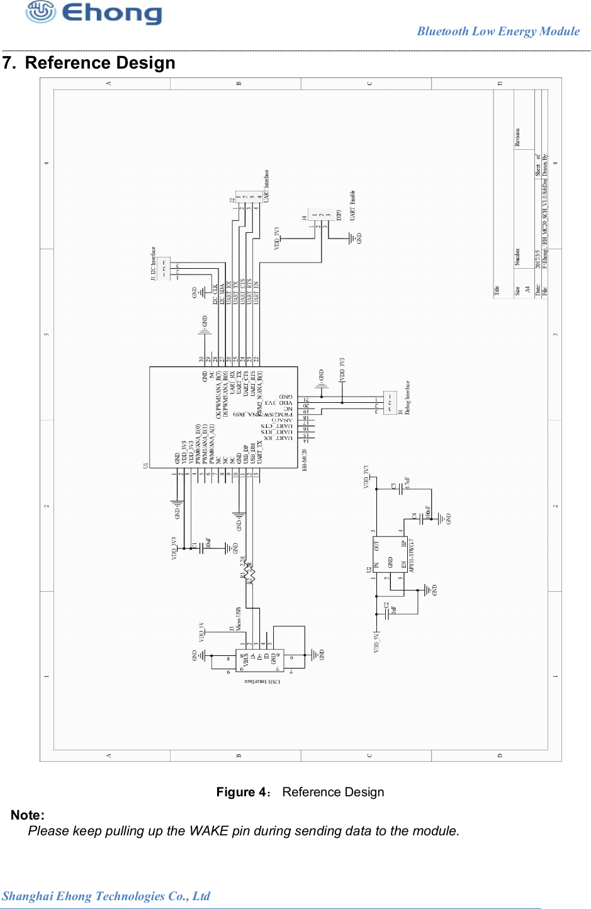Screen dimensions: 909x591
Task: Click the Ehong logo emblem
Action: pyautogui.click(x=40, y=12)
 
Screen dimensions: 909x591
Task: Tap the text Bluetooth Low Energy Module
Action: pyautogui.click(x=498, y=31)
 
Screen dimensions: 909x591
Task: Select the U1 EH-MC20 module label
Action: pyautogui.click(x=305, y=460)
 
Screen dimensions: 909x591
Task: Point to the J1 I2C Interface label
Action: pyautogui.click(x=153, y=263)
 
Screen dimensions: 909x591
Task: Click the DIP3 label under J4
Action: pyautogui.click(x=339, y=215)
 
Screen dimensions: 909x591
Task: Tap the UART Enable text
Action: pyautogui.click(x=352, y=205)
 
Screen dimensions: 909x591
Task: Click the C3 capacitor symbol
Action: pyautogui.click(x=401, y=488)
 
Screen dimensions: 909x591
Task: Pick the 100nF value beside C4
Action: pyautogui.click(x=428, y=512)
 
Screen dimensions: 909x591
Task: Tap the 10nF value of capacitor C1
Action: pyautogui.click(x=208, y=543)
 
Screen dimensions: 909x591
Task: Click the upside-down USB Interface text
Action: pyautogui.click(x=262, y=681)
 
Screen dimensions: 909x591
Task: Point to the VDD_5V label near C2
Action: pyautogui.click(x=376, y=641)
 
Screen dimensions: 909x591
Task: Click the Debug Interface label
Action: pyautogui.click(x=407, y=397)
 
